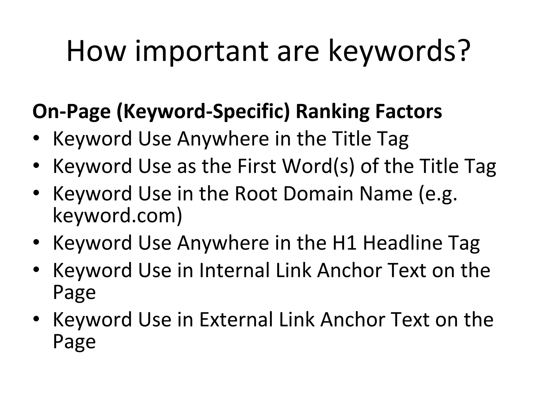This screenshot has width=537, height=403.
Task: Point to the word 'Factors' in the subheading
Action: tap(408, 112)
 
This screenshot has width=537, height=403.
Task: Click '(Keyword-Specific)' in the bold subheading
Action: tap(203, 112)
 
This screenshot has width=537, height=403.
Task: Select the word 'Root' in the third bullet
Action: tap(256, 193)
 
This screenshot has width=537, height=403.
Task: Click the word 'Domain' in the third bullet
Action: tap(318, 193)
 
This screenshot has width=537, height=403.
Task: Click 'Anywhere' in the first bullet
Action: tap(223, 139)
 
